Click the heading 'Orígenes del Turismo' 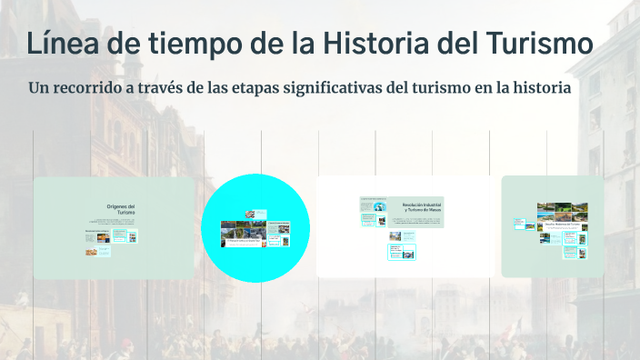click(x=121, y=210)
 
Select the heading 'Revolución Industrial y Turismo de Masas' click(x=422, y=208)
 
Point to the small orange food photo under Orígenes click(x=92, y=252)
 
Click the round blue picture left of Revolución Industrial click(x=379, y=207)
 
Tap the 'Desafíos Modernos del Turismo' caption click(x=562, y=224)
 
